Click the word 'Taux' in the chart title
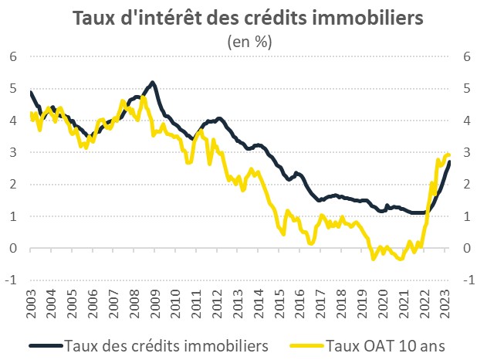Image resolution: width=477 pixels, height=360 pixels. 94,18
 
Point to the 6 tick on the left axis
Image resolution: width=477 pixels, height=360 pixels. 13,56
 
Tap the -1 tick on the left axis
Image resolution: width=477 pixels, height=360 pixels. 11,280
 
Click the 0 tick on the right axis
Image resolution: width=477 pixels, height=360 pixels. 466,249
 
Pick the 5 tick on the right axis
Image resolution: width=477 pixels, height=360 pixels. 466,88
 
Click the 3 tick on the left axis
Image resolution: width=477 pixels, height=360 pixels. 13,152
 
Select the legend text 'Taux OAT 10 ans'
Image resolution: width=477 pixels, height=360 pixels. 391,345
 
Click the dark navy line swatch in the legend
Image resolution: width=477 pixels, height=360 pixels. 46,346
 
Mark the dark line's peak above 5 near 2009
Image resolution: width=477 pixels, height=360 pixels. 153,82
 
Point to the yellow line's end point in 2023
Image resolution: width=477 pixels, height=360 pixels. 449,155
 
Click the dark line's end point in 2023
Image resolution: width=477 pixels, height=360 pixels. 450,161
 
